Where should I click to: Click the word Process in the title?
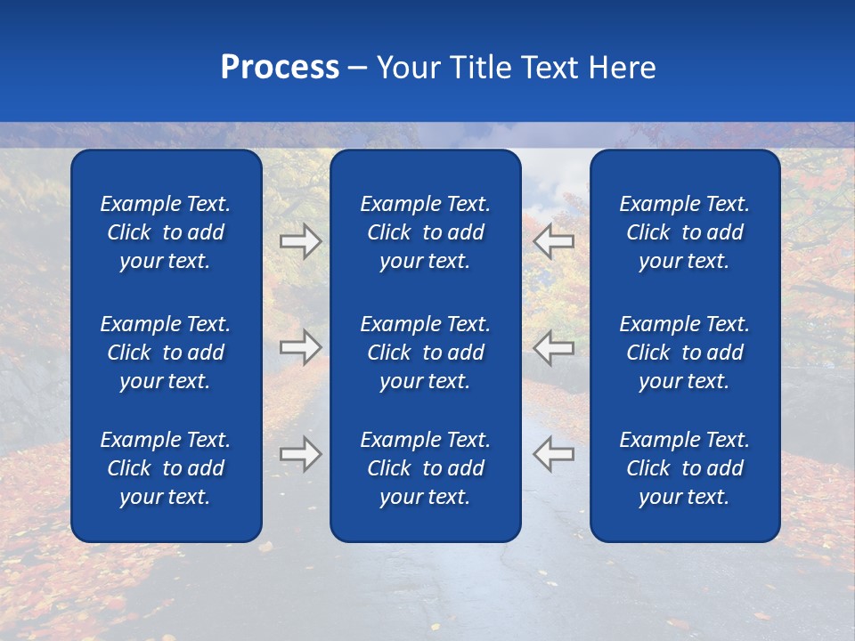point(280,68)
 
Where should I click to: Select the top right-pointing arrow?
point(301,241)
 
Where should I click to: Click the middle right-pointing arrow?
point(301,347)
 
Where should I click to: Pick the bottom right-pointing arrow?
point(301,454)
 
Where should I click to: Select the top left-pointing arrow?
point(553,241)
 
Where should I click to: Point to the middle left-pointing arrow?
point(553,347)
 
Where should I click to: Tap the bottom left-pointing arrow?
point(553,454)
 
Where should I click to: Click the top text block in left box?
point(166,232)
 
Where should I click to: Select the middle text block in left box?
point(166,353)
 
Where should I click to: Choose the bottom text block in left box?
point(166,468)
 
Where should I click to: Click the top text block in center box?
point(425,232)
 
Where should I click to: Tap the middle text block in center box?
point(425,353)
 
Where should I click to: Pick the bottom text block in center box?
point(425,468)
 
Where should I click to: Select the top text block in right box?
point(684,232)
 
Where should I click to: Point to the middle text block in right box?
point(684,353)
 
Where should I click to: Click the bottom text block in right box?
point(684,468)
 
